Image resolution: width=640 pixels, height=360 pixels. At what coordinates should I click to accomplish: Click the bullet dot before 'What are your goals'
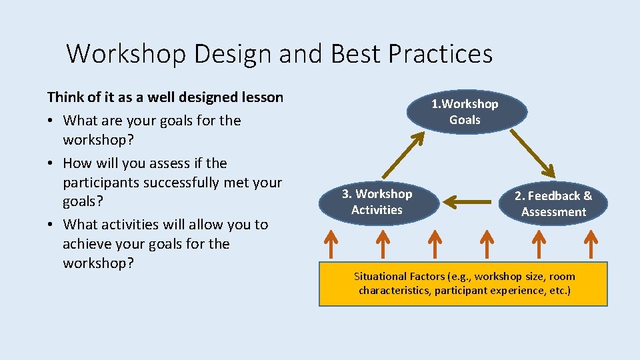pyautogui.click(x=51, y=121)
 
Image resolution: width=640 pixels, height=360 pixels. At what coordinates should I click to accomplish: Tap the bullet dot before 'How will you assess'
pyautogui.click(x=51, y=164)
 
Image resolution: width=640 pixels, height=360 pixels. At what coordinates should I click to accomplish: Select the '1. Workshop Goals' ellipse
pyautogui.click(x=465, y=112)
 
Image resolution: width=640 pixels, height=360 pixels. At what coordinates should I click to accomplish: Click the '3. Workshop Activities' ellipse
pyautogui.click(x=377, y=201)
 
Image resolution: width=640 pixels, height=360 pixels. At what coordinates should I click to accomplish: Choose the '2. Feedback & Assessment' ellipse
pyautogui.click(x=553, y=203)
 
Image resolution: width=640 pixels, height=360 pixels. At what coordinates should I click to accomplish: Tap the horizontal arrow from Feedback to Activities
pyautogui.click(x=471, y=199)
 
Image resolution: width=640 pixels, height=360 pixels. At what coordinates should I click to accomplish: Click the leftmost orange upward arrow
pyautogui.click(x=331, y=243)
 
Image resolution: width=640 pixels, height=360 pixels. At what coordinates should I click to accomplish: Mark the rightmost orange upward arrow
pyautogui.click(x=591, y=243)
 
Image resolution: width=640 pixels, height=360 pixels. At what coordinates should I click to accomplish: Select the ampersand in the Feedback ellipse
pyautogui.click(x=587, y=196)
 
